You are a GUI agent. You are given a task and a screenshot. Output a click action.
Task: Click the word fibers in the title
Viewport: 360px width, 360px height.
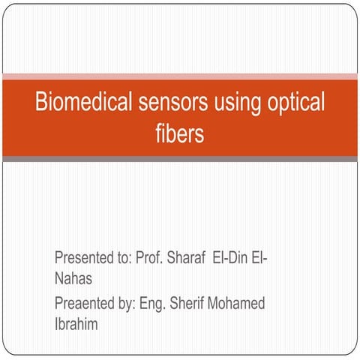[x=179, y=135]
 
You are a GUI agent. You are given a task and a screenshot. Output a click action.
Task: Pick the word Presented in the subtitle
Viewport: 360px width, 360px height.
[x=83, y=259]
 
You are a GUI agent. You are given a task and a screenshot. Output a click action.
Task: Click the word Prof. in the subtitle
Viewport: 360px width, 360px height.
[x=148, y=259]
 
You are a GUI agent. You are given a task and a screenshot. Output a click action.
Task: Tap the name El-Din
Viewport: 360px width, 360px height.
[x=233, y=259]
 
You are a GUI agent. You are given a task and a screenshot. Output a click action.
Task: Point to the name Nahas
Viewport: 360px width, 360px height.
[x=73, y=278]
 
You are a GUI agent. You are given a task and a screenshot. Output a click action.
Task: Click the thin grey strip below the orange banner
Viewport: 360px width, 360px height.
[x=180, y=158]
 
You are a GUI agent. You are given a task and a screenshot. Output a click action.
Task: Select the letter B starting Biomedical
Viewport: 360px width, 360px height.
[x=42, y=103]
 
